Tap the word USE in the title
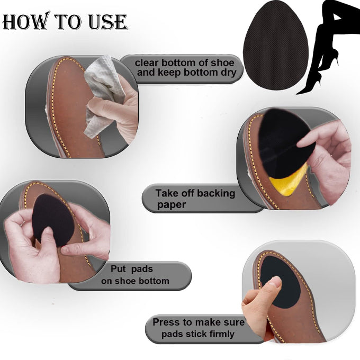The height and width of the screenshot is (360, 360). pyautogui.click(x=108, y=22)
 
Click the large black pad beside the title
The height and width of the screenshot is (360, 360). pyautogui.click(x=275, y=45)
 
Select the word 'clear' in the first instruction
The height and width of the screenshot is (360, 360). pyautogui.click(x=146, y=62)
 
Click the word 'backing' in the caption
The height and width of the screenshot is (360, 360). pyautogui.click(x=216, y=194)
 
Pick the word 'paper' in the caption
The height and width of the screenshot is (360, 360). pyautogui.click(x=172, y=205)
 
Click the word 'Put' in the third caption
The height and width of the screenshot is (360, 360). pyautogui.click(x=118, y=269)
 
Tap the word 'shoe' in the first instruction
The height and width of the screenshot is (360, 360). pyautogui.click(x=223, y=62)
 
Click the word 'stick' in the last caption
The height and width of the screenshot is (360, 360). pyautogui.click(x=194, y=334)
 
